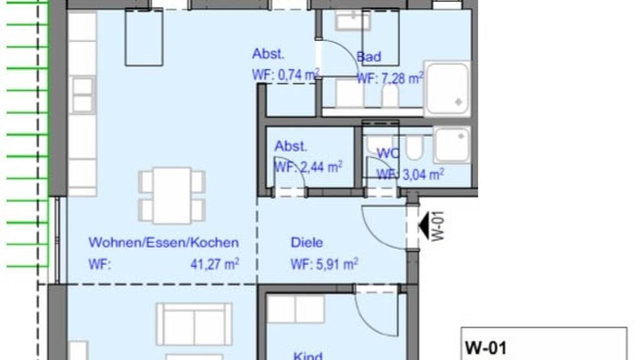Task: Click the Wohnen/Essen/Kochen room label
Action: point(164,242)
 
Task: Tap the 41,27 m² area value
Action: point(215,264)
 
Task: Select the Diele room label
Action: point(306,242)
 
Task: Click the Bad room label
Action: point(369,57)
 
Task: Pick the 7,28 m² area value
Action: point(402,78)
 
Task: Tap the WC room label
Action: point(388,154)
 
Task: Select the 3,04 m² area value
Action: point(423,175)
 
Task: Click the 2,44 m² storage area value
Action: point(321,167)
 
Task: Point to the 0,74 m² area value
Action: point(299,75)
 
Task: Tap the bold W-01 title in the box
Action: point(486,348)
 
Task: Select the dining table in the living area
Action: point(172,195)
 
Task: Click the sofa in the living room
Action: point(194,324)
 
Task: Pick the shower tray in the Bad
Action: point(447,88)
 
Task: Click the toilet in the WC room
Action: point(415,147)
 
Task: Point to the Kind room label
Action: point(307,356)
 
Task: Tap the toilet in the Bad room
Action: point(390,96)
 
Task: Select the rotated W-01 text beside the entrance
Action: point(437,226)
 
